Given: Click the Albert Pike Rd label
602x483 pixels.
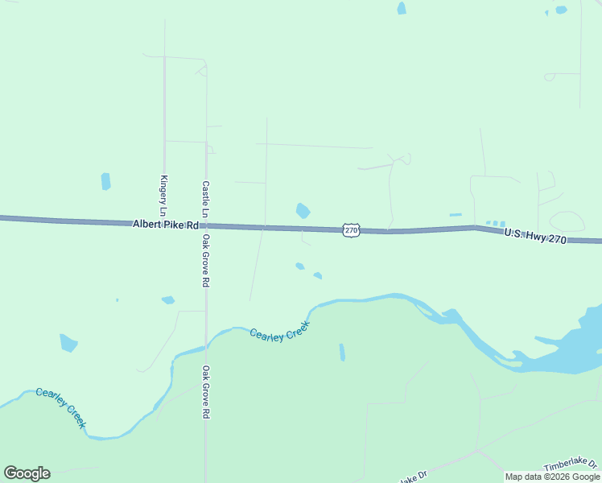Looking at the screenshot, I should pyautogui.click(x=166, y=225).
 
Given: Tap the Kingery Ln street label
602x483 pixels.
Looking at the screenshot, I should pyautogui.click(x=163, y=195).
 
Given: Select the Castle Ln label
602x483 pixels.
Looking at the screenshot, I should pyautogui.click(x=205, y=198).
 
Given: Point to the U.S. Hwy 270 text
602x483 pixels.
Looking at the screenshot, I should pyautogui.click(x=536, y=236).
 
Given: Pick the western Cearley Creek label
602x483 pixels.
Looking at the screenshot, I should pyautogui.click(x=60, y=407).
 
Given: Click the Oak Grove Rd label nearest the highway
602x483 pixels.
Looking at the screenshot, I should pyautogui.click(x=205, y=262).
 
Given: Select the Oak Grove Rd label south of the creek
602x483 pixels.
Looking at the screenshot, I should pyautogui.click(x=205, y=392).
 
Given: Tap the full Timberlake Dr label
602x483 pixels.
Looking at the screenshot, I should pyautogui.click(x=571, y=465).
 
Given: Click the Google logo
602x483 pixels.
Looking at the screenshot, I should pyautogui.click(x=27, y=473).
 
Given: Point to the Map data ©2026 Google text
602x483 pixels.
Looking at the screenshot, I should pyautogui.click(x=552, y=477).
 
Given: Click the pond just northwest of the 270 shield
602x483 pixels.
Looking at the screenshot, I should pyautogui.click(x=303, y=211).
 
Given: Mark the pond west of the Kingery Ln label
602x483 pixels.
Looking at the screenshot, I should pyautogui.click(x=105, y=181).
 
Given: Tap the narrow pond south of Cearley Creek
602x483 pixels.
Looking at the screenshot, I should pyautogui.click(x=342, y=352).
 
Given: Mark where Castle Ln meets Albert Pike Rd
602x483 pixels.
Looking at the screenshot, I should pyautogui.click(x=206, y=225).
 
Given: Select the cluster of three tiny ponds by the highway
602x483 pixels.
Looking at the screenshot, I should pyautogui.click(x=496, y=223).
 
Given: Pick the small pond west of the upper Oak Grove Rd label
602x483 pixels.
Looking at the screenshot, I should pyautogui.click(x=167, y=300).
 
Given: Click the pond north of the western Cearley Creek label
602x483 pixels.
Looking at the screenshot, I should pyautogui.click(x=68, y=343).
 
